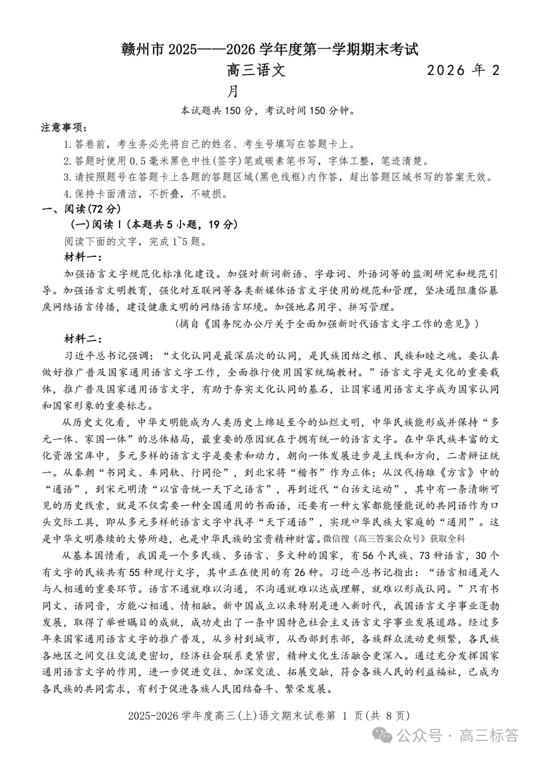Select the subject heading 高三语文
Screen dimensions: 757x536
click(256, 71)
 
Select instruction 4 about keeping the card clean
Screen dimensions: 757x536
click(145, 194)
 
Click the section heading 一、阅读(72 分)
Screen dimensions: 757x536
click(81, 209)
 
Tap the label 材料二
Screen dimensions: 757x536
click(82, 339)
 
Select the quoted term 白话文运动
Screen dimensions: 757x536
click(378, 489)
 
